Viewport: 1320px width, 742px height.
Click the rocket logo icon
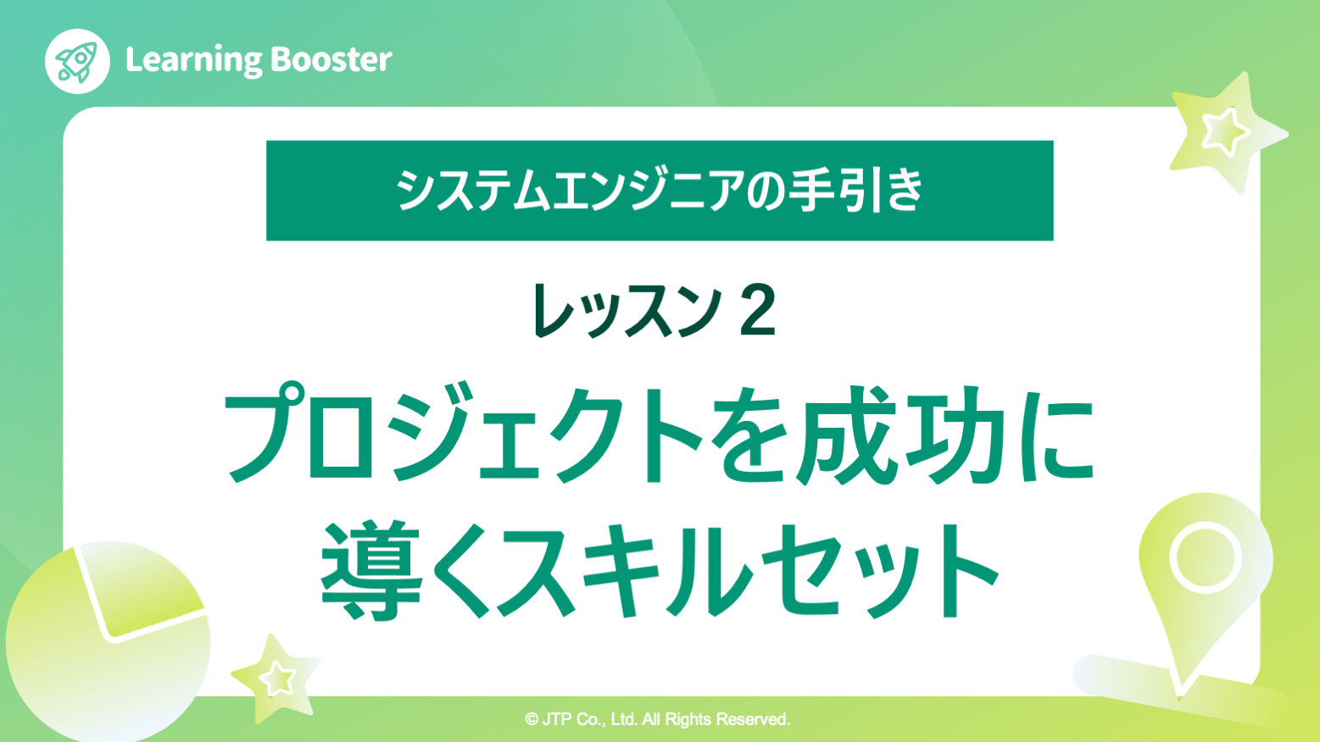tap(77, 61)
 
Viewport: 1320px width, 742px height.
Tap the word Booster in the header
tap(331, 60)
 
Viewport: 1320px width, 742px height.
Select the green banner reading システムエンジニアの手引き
tap(660, 191)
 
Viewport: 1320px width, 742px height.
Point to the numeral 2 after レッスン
tap(757, 311)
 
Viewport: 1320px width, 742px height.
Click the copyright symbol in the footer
tap(532, 720)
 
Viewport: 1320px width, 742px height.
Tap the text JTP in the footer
tap(557, 720)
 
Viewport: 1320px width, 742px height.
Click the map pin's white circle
tap(1205, 558)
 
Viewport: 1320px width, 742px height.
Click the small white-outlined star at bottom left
tap(276, 678)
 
